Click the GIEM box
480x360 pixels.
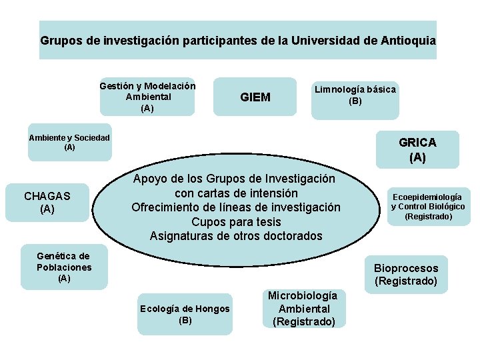[255, 97]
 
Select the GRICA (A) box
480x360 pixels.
[418, 149]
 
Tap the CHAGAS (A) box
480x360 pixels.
[47, 202]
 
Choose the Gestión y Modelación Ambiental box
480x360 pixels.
[147, 96]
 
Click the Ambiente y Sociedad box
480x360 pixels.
[69, 142]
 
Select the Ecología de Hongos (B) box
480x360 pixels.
[185, 314]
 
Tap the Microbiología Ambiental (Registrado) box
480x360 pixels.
[303, 309]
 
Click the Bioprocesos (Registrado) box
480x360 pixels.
[406, 275]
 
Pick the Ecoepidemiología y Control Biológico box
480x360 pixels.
[428, 207]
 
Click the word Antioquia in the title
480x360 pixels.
[408, 40]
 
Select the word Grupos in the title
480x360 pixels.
[61, 40]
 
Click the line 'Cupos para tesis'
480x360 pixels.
[236, 221]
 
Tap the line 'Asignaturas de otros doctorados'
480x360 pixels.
[236, 236]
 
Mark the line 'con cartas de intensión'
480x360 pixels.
[236, 193]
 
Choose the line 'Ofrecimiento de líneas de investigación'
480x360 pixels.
[236, 207]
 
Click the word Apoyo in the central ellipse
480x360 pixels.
[150, 179]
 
